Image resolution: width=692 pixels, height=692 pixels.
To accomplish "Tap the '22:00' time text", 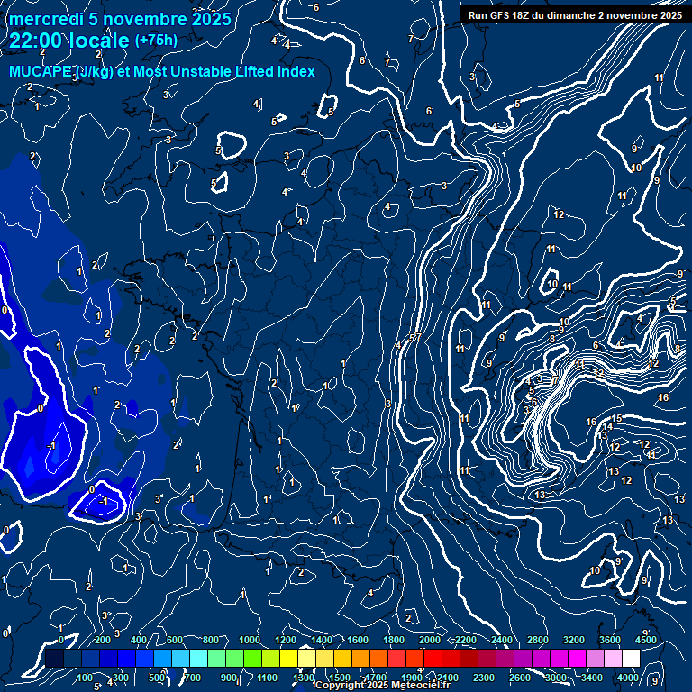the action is point(37,41).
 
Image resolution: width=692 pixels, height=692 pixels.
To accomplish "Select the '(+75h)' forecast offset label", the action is point(156,41).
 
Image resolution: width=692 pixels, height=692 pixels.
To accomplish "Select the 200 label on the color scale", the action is point(102,640).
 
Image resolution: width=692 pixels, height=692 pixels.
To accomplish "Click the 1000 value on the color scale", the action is point(250,640).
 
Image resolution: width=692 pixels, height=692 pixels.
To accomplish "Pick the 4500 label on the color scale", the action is point(646,640).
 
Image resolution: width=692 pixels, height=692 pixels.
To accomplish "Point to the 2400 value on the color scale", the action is point(502,640).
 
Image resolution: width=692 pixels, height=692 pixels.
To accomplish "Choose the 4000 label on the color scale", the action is point(628,678).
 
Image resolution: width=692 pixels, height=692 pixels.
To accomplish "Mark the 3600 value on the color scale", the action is point(610,640).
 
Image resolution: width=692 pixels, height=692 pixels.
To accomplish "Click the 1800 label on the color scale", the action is point(394,640).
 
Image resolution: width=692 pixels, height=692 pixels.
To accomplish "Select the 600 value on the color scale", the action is point(175,640).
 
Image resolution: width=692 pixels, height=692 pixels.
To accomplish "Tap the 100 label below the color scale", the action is point(85,678).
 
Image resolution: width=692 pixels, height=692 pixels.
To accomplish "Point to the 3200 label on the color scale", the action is point(574,640).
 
